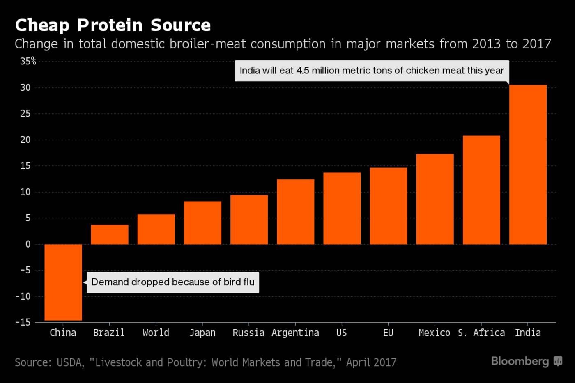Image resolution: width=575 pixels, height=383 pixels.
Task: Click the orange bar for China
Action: click(x=63, y=282)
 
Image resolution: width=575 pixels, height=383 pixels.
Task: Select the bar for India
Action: click(x=528, y=165)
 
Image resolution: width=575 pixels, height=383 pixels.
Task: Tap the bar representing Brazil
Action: click(x=110, y=234)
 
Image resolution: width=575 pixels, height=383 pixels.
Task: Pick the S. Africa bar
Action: click(x=481, y=190)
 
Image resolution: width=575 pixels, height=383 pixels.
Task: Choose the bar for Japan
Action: click(x=202, y=223)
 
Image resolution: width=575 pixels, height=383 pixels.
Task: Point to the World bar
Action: click(x=156, y=229)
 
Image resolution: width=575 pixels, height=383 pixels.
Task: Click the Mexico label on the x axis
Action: click(x=434, y=333)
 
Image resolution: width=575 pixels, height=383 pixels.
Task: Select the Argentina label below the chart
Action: click(x=295, y=333)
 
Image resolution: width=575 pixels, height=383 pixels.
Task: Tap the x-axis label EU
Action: click(x=388, y=333)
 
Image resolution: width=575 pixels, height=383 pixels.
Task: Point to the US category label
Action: click(x=342, y=333)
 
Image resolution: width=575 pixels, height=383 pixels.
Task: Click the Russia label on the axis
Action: click(x=248, y=333)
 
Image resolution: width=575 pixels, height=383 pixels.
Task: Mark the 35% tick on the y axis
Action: click(x=28, y=62)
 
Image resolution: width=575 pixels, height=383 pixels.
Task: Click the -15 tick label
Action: click(x=23, y=322)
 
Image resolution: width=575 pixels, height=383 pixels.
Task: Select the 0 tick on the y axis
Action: click(x=28, y=244)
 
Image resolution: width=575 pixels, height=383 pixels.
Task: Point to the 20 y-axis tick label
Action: click(x=25, y=140)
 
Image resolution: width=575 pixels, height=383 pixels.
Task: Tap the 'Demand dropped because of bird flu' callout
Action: click(x=173, y=282)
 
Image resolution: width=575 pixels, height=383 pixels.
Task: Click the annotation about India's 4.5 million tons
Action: click(x=372, y=71)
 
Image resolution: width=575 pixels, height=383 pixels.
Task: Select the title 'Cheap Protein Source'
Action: click(x=113, y=25)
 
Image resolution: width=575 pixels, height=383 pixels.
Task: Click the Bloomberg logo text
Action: click(x=520, y=361)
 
